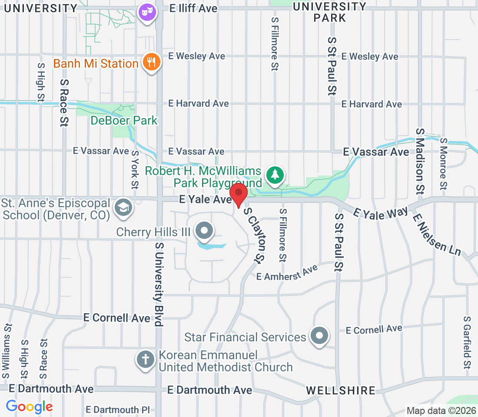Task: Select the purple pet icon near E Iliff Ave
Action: point(147,13)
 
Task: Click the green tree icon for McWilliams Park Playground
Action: point(275,175)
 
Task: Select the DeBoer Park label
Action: point(124,120)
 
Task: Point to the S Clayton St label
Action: point(255,235)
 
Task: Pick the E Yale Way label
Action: point(381,212)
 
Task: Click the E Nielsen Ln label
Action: point(436,235)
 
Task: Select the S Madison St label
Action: point(420,160)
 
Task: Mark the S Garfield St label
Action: point(468,341)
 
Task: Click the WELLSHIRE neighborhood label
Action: point(340,390)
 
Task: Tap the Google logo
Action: point(30,407)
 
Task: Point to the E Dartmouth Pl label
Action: point(118,410)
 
